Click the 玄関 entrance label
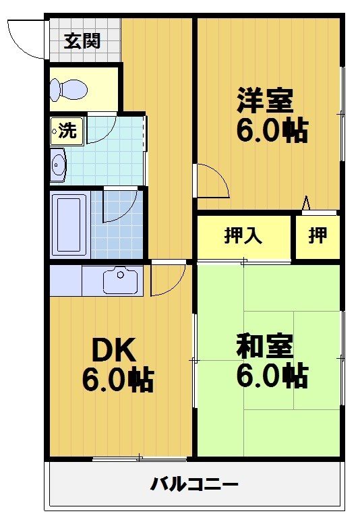point(82,41)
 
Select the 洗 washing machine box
point(67,131)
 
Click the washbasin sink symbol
point(59,166)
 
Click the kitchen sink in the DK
point(121,280)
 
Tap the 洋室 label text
point(264,100)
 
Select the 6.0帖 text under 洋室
point(271,131)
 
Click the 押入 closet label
point(243,236)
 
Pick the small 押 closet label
point(318,236)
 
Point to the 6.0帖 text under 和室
point(271,376)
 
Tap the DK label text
point(114,351)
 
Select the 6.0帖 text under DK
point(118,380)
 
